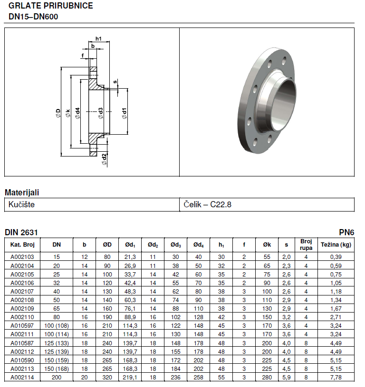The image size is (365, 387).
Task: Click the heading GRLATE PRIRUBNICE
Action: click(x=51, y=6)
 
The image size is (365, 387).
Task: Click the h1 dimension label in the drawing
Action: click(x=99, y=38)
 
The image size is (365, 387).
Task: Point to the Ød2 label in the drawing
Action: click(x=104, y=159)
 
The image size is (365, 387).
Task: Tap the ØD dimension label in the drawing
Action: click(x=58, y=113)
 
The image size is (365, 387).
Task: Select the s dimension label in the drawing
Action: click(x=115, y=82)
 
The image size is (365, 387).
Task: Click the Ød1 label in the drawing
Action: click(x=124, y=113)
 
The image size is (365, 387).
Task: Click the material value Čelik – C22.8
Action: click(x=208, y=204)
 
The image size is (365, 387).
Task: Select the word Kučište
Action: click(x=21, y=204)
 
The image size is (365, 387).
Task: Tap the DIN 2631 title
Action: click(x=21, y=232)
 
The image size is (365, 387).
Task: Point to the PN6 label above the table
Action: click(x=346, y=232)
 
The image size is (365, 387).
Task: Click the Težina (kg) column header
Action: click(x=336, y=245)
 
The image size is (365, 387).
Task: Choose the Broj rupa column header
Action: click(x=306, y=245)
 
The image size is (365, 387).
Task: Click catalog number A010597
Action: click(x=22, y=326)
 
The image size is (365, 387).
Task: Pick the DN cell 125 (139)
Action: click(x=57, y=352)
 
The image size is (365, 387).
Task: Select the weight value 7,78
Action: click(x=336, y=378)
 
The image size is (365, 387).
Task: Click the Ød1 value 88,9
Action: click(x=130, y=317)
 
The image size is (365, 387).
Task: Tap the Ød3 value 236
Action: click(x=175, y=378)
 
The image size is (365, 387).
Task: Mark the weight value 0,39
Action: click(x=336, y=257)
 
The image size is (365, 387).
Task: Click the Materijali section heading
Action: click(x=22, y=193)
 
